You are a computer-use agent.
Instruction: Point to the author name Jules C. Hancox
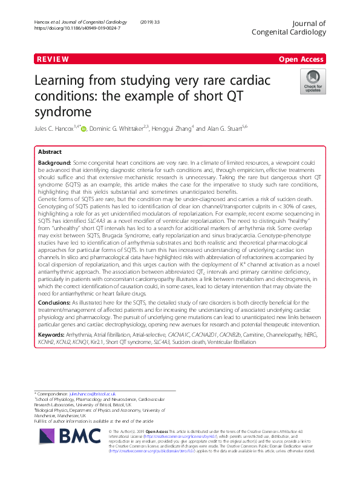[x=62, y=128]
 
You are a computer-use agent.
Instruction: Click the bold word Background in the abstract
[x=54, y=164]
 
